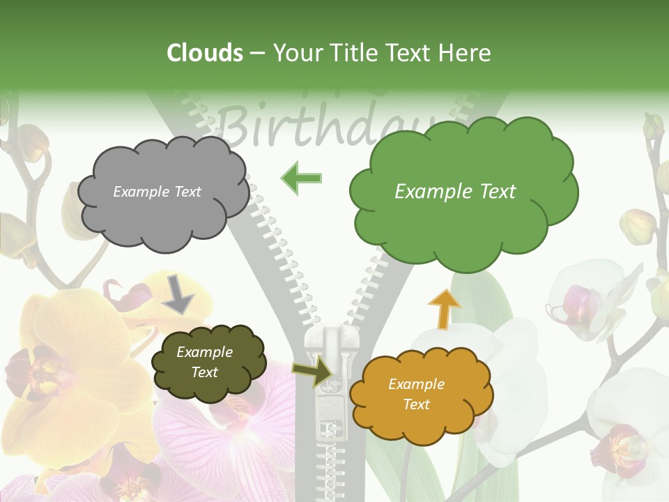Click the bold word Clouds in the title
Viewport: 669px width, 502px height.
(205, 53)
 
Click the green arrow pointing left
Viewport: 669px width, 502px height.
(301, 178)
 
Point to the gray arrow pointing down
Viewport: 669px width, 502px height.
(179, 294)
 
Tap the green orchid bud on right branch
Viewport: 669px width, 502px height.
(638, 227)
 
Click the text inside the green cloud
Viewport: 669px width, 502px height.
(455, 192)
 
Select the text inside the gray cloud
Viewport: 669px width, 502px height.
(157, 192)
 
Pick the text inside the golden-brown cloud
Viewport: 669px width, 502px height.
(416, 394)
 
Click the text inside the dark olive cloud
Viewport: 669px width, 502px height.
(204, 362)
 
